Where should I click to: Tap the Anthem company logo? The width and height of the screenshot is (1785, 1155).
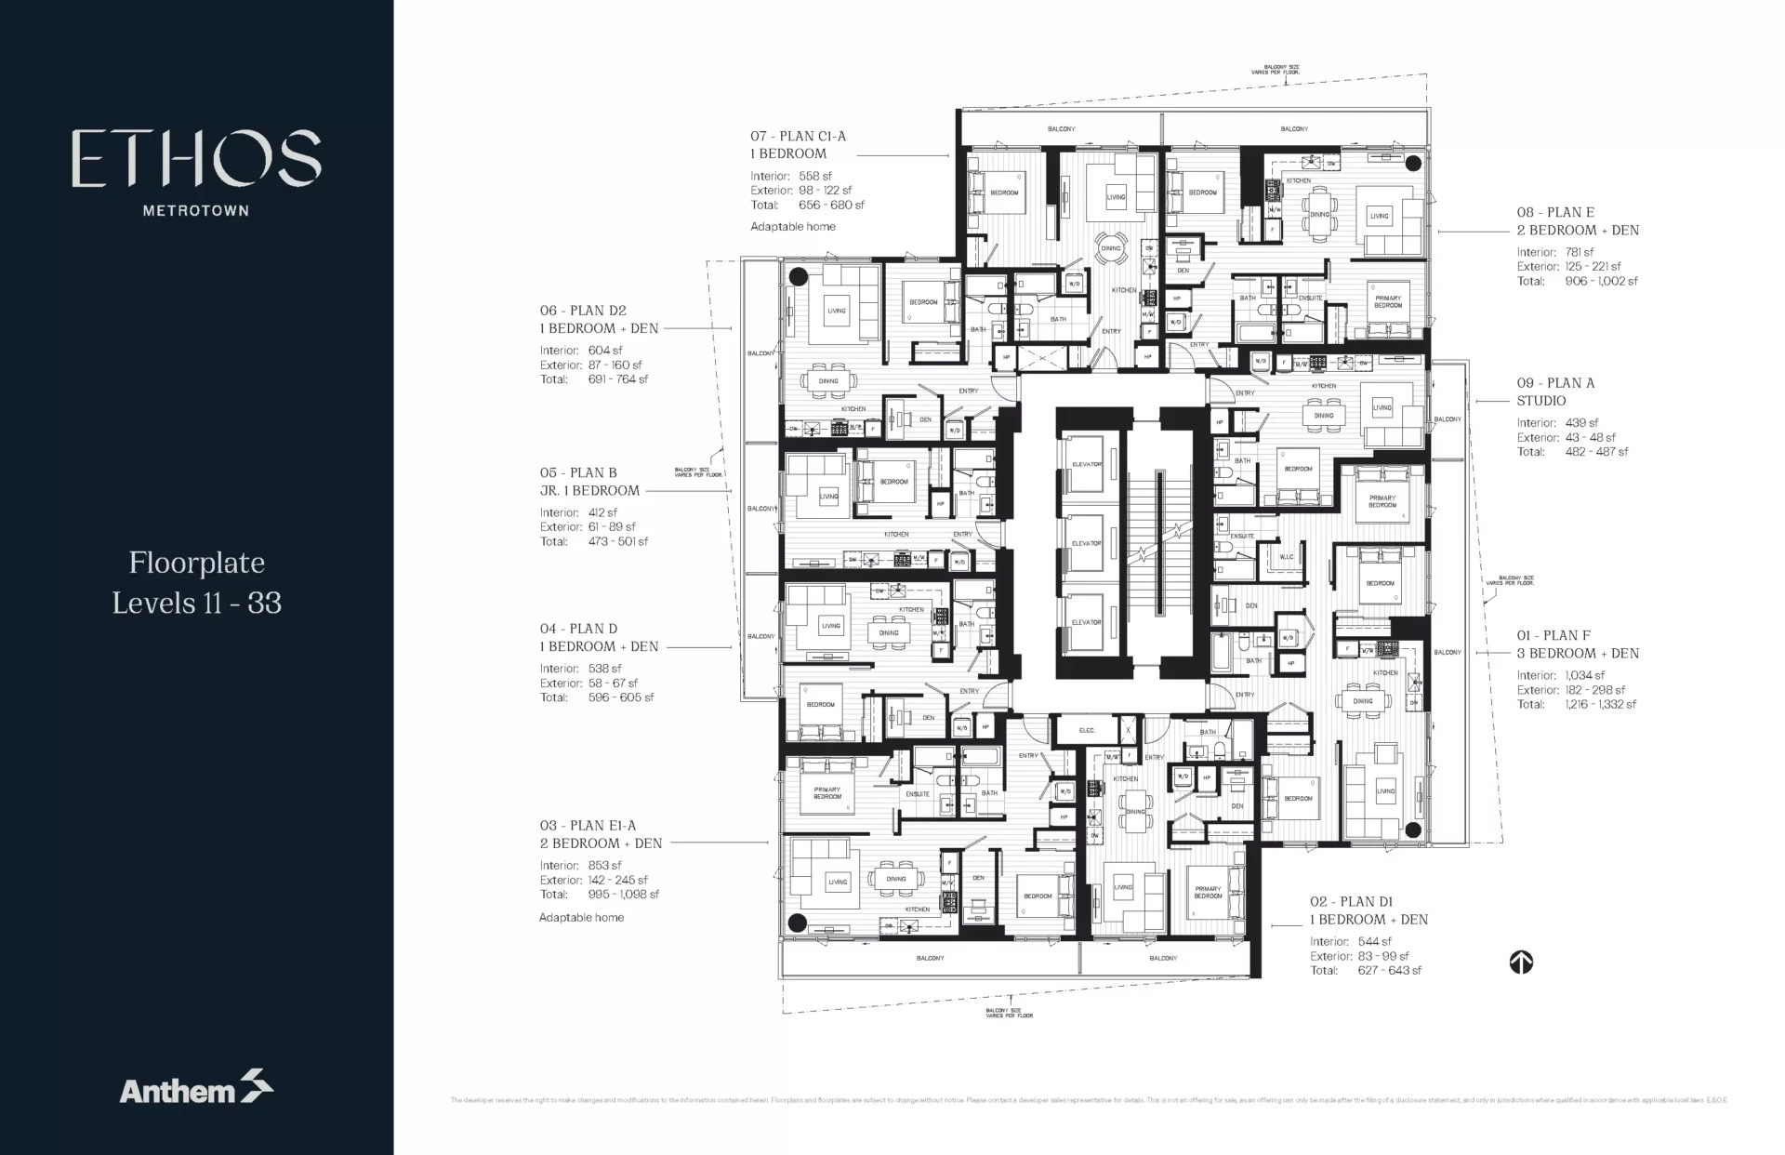pos(196,1088)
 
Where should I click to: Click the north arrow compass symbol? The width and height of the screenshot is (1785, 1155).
pos(1521,962)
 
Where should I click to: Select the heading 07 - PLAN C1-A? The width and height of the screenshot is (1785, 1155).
pos(798,136)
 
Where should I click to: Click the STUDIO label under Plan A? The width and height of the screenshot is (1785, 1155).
pos(1540,401)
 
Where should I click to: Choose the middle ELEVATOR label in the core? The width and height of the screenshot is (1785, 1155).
pos(1086,543)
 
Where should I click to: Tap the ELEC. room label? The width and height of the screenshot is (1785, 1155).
pos(1087,731)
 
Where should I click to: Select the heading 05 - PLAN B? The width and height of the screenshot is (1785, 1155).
pos(578,472)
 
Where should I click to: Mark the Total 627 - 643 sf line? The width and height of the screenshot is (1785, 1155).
pos(1366,970)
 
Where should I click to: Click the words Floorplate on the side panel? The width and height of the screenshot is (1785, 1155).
pos(196,563)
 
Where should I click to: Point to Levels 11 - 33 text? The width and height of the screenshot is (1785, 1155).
pos(196,603)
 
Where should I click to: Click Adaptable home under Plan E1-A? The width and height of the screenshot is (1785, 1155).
pos(581,917)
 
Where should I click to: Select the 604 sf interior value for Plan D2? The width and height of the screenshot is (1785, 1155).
pos(605,351)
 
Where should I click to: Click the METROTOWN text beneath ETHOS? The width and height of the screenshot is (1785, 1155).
pos(196,210)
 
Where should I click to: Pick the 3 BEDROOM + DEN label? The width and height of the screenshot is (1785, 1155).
pos(1578,654)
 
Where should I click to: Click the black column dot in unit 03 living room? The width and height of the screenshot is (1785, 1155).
pos(796,923)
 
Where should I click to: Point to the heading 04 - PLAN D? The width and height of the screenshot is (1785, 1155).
pos(578,629)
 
